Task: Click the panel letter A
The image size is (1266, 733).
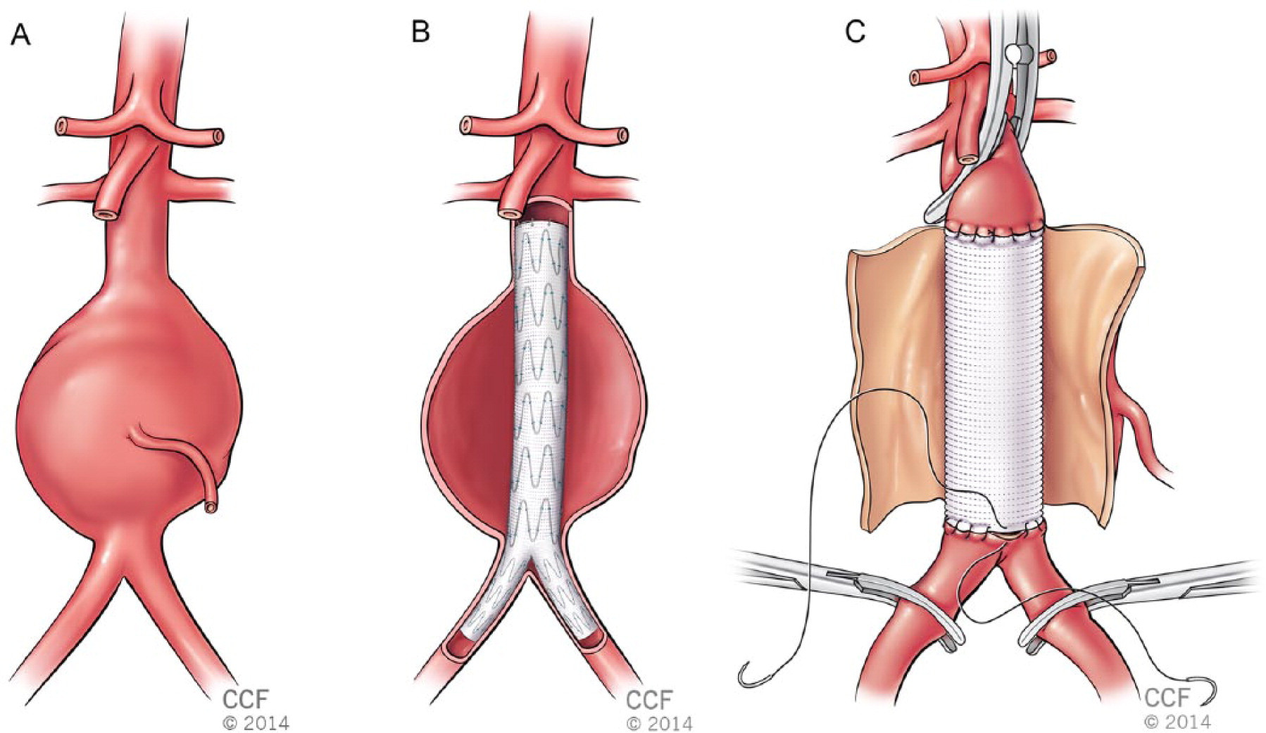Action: [x=21, y=34]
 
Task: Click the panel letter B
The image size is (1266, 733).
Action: [x=420, y=32]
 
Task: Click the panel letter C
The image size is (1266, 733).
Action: [x=855, y=32]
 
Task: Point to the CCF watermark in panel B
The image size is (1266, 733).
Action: [x=649, y=700]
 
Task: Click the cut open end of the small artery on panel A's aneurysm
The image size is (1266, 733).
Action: [x=210, y=505]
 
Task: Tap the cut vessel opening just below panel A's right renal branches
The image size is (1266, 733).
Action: [x=106, y=212]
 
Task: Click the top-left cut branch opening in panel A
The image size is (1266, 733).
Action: [x=63, y=127]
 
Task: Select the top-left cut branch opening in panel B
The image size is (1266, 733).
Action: [x=466, y=126]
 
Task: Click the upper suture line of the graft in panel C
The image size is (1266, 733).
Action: [x=994, y=230]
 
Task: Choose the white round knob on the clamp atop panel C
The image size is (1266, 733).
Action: [x=1013, y=52]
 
